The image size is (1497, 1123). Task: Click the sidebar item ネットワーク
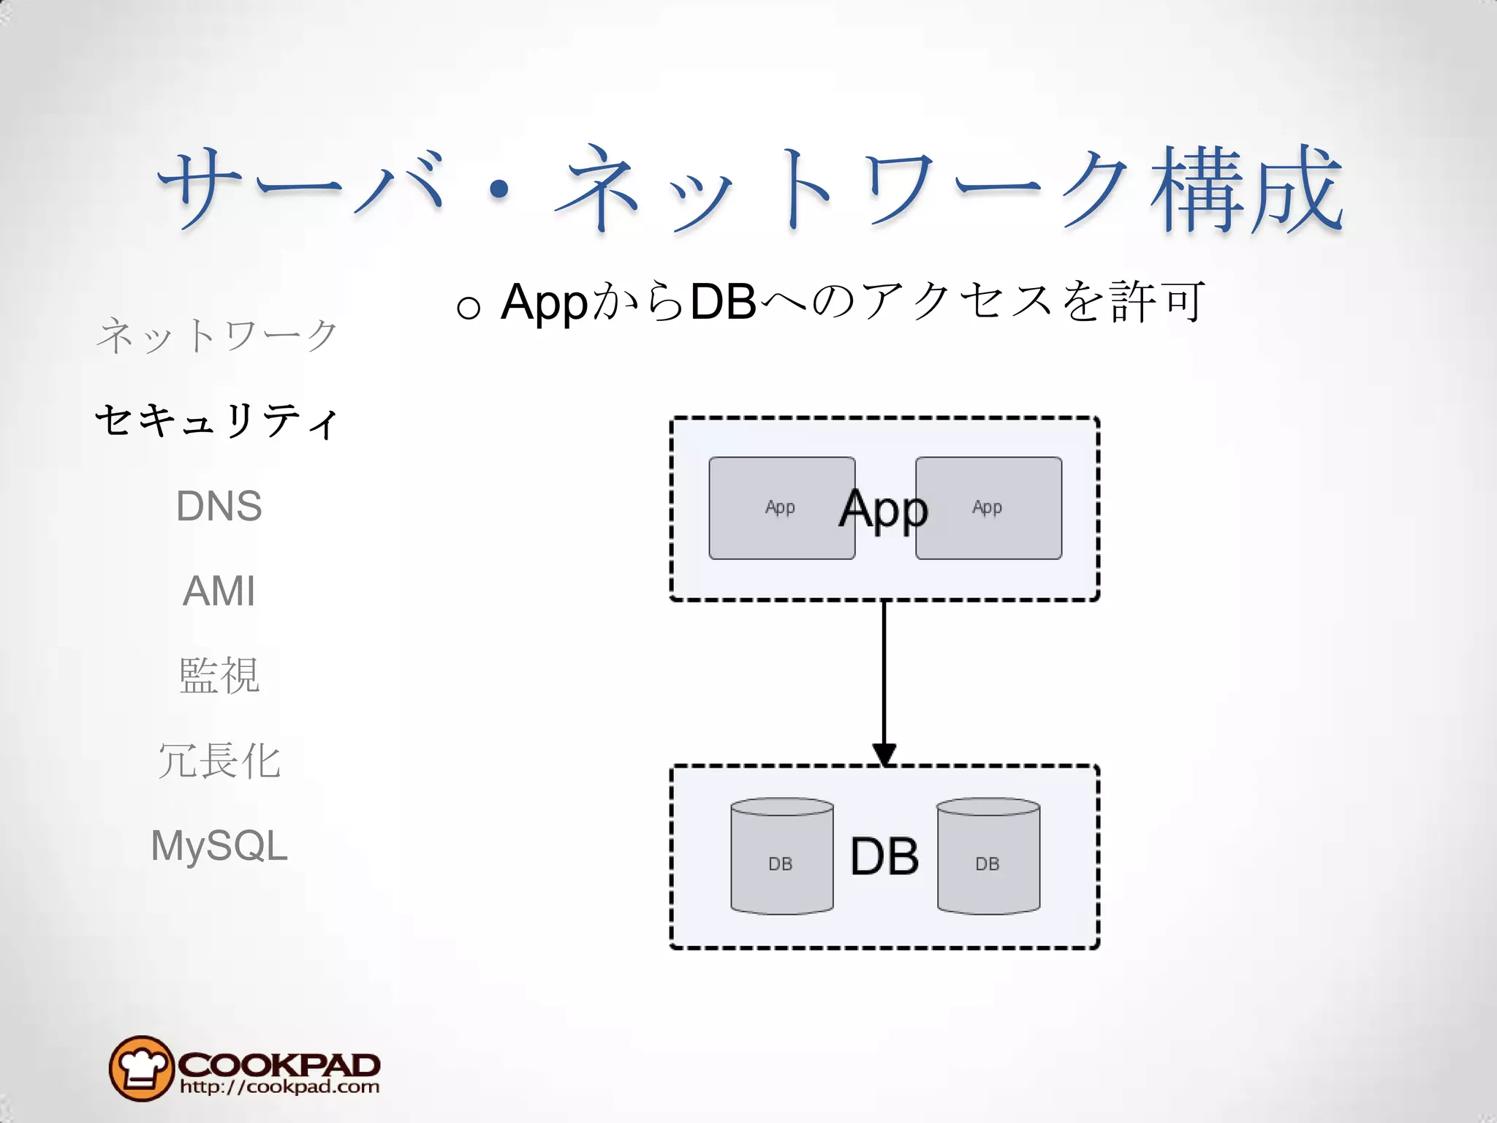[218, 336]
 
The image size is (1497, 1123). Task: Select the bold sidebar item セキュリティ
[218, 421]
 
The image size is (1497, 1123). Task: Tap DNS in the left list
[219, 506]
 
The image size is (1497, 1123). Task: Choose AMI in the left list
[219, 591]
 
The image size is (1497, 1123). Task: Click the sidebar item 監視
[219, 676]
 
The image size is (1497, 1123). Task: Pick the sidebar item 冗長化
[219, 760]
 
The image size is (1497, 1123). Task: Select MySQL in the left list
[219, 846]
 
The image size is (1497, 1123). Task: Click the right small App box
[988, 508]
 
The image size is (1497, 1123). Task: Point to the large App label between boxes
[883, 509]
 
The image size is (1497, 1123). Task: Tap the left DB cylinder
[781, 857]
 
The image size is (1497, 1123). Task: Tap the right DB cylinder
[988, 857]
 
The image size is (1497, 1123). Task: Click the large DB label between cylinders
[884, 856]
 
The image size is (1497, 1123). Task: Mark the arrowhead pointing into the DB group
[884, 754]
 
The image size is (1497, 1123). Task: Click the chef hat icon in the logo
[141, 1068]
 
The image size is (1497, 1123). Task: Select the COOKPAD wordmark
[278, 1064]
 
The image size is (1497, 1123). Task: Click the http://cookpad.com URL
[279, 1087]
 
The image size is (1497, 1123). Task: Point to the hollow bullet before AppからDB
[468, 307]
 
